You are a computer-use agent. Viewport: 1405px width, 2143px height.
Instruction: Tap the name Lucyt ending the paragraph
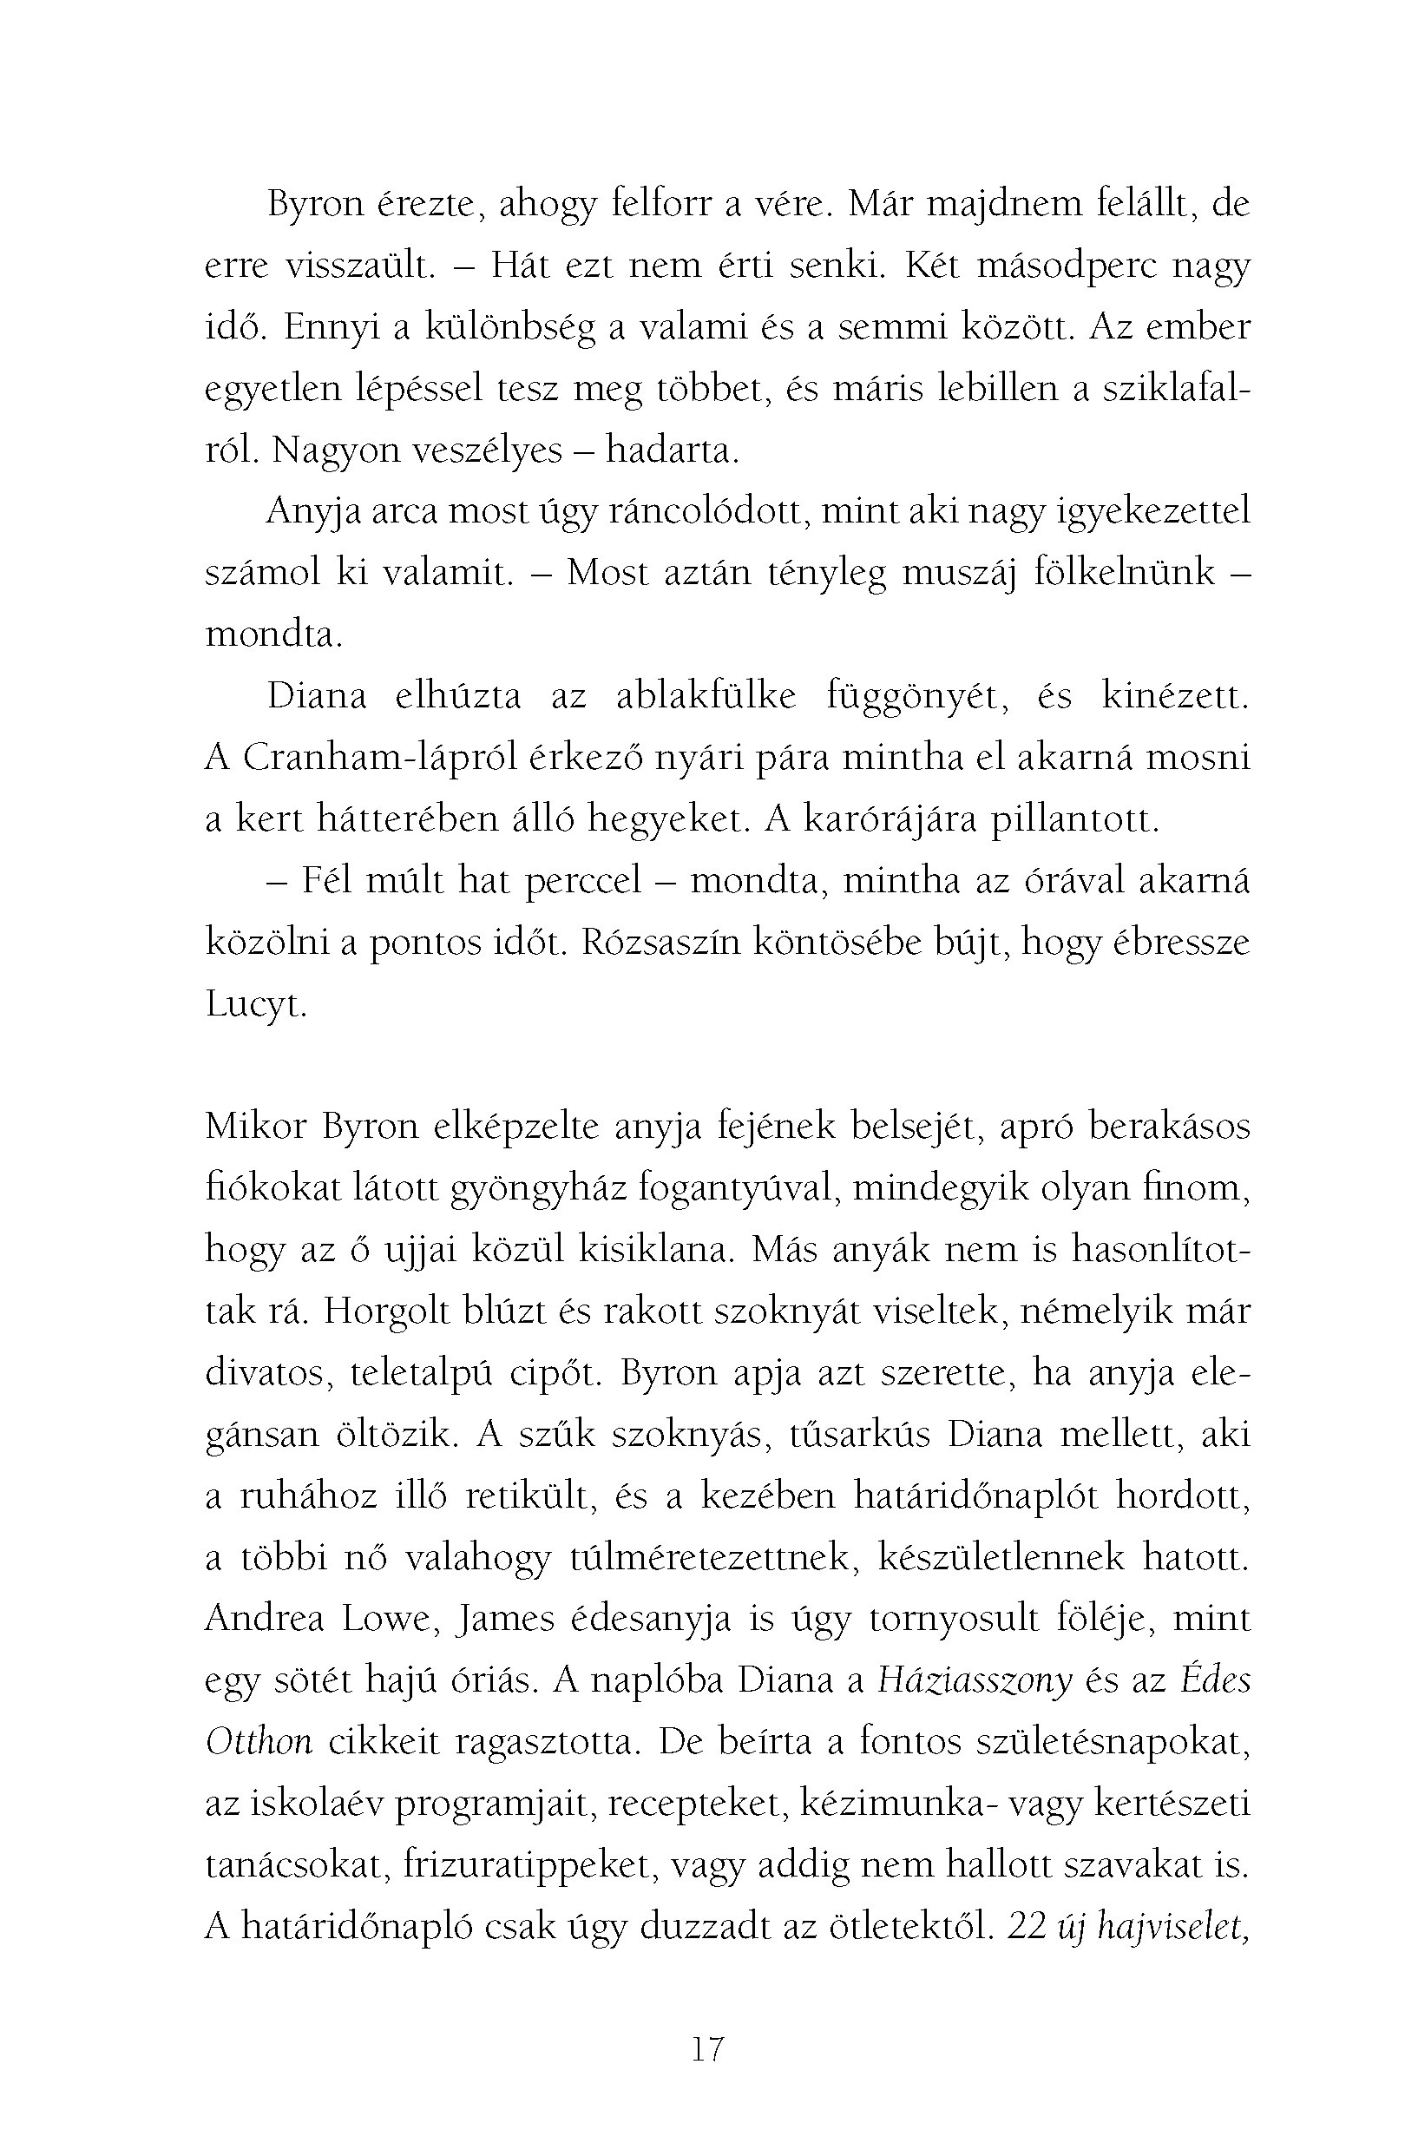pyautogui.click(x=256, y=1005)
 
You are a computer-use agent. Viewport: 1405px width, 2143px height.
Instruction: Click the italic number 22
pyautogui.click(x=1026, y=1927)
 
